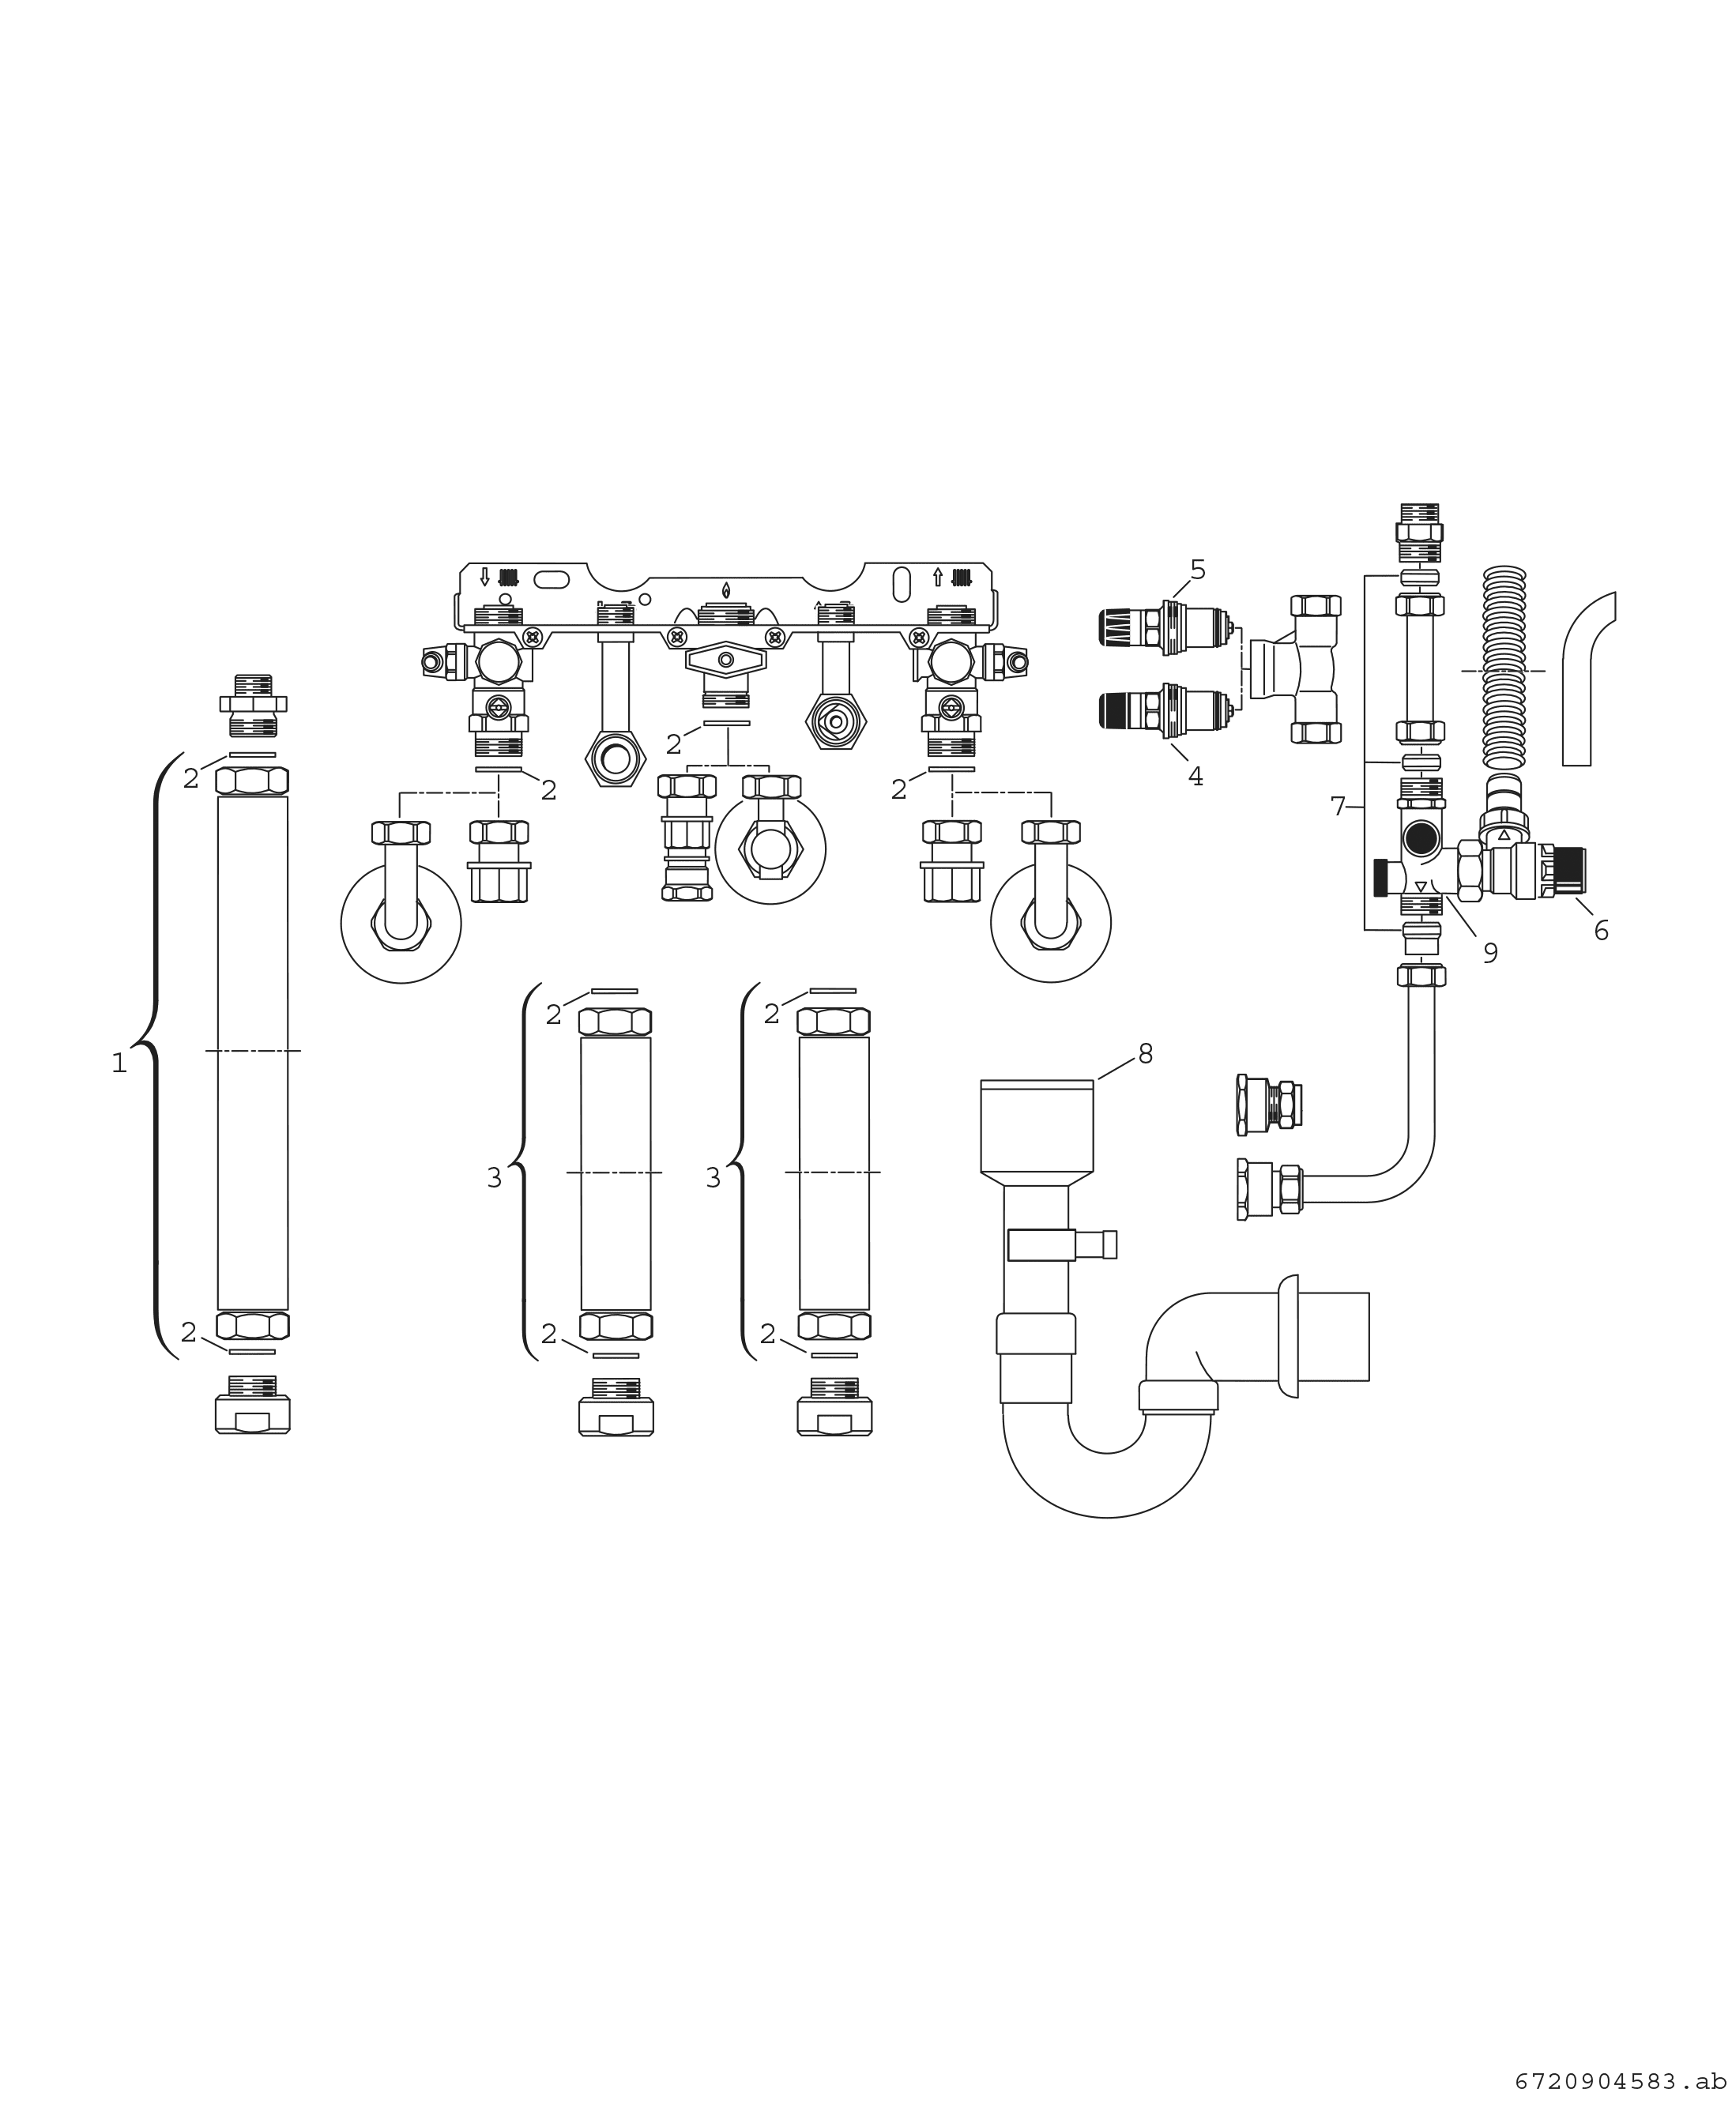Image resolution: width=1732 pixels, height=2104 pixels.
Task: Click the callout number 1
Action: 119,1064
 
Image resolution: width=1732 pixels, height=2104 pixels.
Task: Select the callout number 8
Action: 1146,1053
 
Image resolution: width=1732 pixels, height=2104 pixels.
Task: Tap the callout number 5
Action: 1197,570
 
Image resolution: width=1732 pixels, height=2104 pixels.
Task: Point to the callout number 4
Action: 1195,776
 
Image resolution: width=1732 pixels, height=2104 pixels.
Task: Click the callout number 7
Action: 1338,806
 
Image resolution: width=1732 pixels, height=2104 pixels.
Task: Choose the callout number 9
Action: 1489,954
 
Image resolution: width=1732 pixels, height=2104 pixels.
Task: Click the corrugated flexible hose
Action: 1504,669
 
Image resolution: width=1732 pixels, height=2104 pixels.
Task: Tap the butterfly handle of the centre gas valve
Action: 725,660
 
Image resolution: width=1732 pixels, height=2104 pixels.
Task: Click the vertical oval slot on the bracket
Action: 901,585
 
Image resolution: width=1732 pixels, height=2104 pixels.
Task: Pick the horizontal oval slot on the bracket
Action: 552,580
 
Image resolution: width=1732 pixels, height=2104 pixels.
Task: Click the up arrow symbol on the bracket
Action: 938,577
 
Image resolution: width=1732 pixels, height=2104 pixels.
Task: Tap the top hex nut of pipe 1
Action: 252,780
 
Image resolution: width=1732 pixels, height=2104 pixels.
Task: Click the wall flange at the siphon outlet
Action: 1288,1336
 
